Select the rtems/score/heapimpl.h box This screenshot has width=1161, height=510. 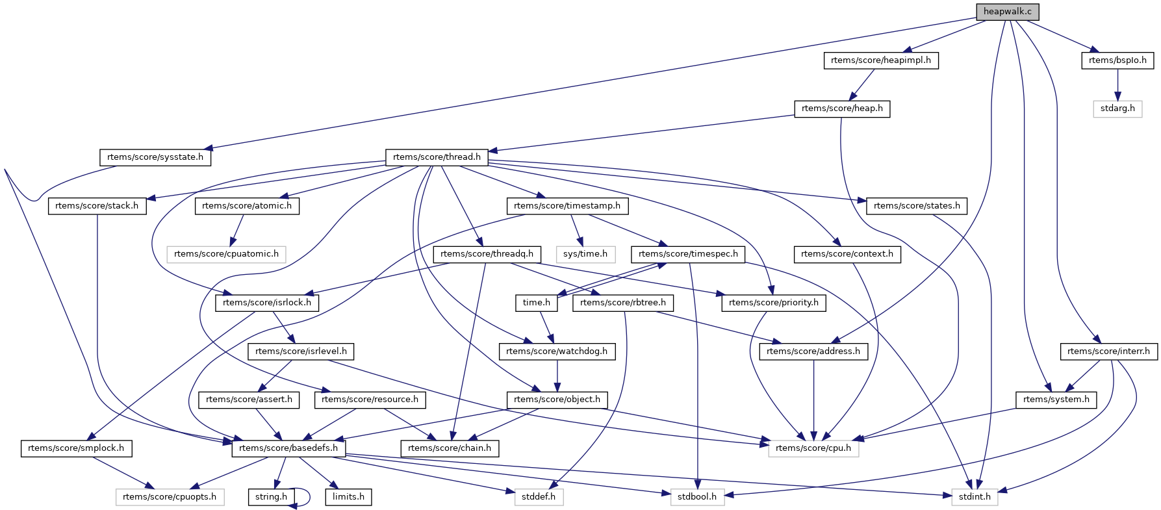(x=880, y=60)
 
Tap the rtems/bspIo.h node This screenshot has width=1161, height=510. (x=1117, y=60)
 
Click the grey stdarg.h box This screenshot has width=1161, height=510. (x=1117, y=108)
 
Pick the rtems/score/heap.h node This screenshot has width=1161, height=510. (x=842, y=108)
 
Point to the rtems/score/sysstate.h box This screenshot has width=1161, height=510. (x=155, y=157)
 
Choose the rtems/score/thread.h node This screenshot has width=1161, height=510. (x=437, y=157)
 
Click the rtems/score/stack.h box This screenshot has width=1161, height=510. (x=97, y=206)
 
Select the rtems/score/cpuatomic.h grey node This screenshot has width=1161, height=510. (x=226, y=254)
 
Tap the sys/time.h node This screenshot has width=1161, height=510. (x=585, y=254)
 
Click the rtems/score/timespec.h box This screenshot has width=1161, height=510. (x=688, y=254)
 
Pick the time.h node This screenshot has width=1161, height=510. (x=537, y=303)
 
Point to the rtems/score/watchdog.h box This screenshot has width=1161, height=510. (x=557, y=351)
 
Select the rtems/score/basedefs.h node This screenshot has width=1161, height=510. (x=288, y=448)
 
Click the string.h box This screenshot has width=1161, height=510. (x=271, y=497)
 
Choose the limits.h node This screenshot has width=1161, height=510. (x=348, y=497)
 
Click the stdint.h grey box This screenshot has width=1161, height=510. (x=975, y=497)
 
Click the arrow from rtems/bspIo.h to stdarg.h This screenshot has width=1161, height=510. (x=1117, y=84)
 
